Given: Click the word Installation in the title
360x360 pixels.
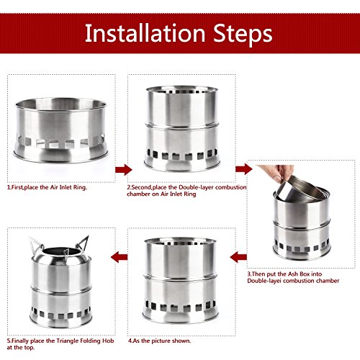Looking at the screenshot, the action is [x=145, y=33].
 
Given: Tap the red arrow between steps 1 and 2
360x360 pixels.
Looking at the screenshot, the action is [x=124, y=170].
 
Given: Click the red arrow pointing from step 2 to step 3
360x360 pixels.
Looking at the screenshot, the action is [x=244, y=169].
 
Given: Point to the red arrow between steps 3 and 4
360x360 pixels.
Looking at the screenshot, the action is [x=238, y=257].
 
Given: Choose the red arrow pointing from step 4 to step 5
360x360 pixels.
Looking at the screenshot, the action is [x=120, y=257].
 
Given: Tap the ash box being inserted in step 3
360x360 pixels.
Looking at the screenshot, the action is [x=301, y=190].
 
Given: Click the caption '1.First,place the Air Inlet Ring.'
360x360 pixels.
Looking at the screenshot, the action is [x=47, y=187].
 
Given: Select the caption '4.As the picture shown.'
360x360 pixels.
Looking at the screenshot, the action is [x=159, y=341].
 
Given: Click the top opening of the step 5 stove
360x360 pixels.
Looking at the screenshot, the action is [x=61, y=251].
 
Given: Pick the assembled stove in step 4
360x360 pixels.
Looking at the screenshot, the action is [x=181, y=280].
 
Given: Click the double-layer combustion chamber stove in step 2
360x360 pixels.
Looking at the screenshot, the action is [x=181, y=129].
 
